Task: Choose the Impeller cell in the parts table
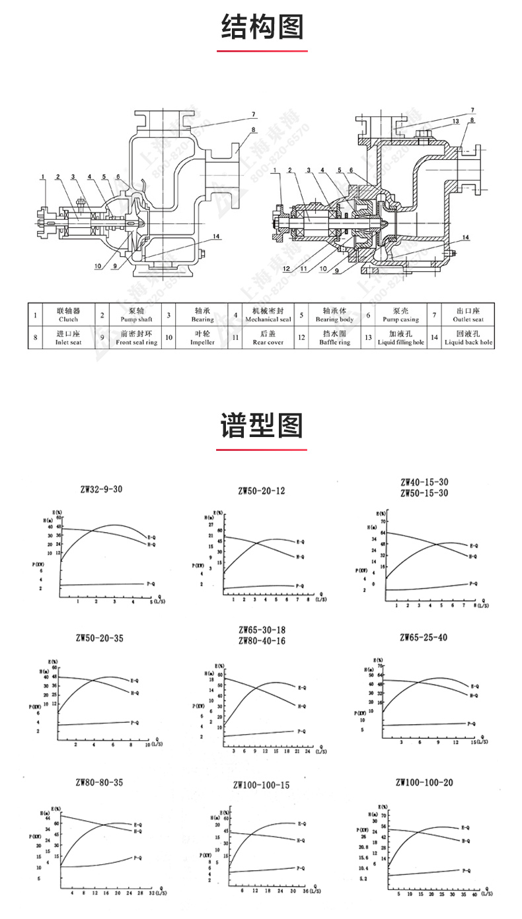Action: pos(202,339)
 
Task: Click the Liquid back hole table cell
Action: pos(468,339)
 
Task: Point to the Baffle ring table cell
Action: pos(335,339)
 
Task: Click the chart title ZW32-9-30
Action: pos(99,489)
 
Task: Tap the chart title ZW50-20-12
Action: pos(262,491)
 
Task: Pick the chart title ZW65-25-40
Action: pos(424,637)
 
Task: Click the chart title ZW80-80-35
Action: pos(99,782)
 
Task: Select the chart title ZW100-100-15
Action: pos(261,785)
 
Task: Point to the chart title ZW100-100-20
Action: pos(424,782)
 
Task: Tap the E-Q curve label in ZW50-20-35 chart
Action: pos(135,679)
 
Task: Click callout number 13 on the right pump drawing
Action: pos(456,121)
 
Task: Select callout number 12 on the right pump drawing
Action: pos(286,269)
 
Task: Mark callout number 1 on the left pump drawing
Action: pos(42,176)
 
